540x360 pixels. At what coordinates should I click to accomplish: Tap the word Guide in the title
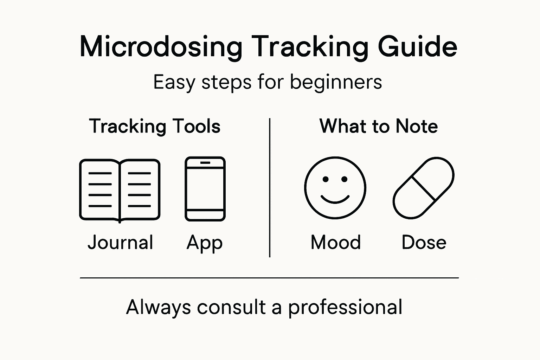click(418, 46)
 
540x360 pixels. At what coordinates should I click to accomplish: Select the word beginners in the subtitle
click(336, 83)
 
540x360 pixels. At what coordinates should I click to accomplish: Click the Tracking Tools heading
click(155, 126)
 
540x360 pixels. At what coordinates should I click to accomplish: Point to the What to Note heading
click(379, 126)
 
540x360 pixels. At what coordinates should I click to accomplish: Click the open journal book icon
click(120, 190)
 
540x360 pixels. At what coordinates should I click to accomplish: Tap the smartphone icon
click(205, 189)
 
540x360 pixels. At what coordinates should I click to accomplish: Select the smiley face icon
click(335, 188)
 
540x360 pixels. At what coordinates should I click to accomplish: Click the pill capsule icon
click(423, 188)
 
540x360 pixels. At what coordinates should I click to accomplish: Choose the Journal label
click(120, 243)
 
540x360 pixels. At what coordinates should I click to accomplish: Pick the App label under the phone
click(205, 243)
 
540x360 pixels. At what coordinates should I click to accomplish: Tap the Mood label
click(336, 243)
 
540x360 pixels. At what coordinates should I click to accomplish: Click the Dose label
click(424, 243)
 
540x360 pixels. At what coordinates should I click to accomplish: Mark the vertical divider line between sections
click(270, 188)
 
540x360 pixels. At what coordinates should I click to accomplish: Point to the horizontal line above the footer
click(269, 278)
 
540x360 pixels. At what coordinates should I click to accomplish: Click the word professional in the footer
click(345, 307)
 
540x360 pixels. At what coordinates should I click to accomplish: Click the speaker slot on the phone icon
click(205, 163)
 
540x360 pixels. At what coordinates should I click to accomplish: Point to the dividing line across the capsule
click(424, 188)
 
